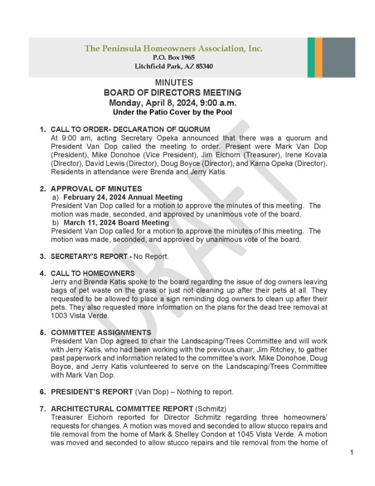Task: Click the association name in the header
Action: (x=174, y=49)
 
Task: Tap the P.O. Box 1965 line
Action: (x=174, y=57)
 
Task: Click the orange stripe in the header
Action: (x=319, y=57)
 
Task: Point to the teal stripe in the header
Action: (x=311, y=57)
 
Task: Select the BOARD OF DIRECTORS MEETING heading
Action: (x=173, y=93)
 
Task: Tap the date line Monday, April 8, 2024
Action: (x=173, y=103)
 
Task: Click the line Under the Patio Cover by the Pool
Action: (x=172, y=112)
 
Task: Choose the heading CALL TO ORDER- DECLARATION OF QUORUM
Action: (x=130, y=129)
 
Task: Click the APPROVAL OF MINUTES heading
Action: (x=96, y=189)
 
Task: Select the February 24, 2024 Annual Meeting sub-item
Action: (x=123, y=197)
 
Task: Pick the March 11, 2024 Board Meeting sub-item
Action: (x=116, y=223)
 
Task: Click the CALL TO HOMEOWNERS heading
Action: (x=92, y=274)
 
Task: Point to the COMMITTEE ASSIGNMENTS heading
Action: (x=101, y=332)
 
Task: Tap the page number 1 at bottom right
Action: (x=351, y=453)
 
